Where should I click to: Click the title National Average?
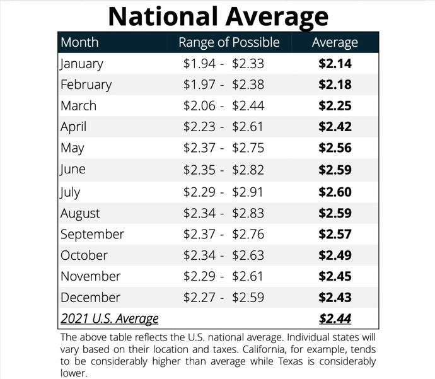(x=218, y=16)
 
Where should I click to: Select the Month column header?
(x=79, y=42)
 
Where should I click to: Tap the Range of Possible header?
(x=229, y=42)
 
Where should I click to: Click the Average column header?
(x=335, y=43)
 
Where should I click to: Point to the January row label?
(x=81, y=64)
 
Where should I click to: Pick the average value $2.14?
(x=335, y=64)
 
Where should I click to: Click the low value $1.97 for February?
(x=199, y=85)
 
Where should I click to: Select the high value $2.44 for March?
(x=248, y=106)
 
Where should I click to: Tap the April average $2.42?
(x=335, y=127)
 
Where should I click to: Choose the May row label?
(x=72, y=148)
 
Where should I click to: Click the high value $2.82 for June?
(x=248, y=170)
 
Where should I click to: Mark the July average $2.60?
(x=335, y=192)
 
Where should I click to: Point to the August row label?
(x=80, y=214)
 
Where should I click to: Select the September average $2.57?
(x=335, y=234)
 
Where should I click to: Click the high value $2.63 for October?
(x=248, y=255)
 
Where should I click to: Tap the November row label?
(x=90, y=276)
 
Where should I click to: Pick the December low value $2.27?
(x=199, y=298)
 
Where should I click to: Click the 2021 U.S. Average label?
(x=110, y=319)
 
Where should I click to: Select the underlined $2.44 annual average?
(x=335, y=318)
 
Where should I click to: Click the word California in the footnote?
(x=264, y=349)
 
